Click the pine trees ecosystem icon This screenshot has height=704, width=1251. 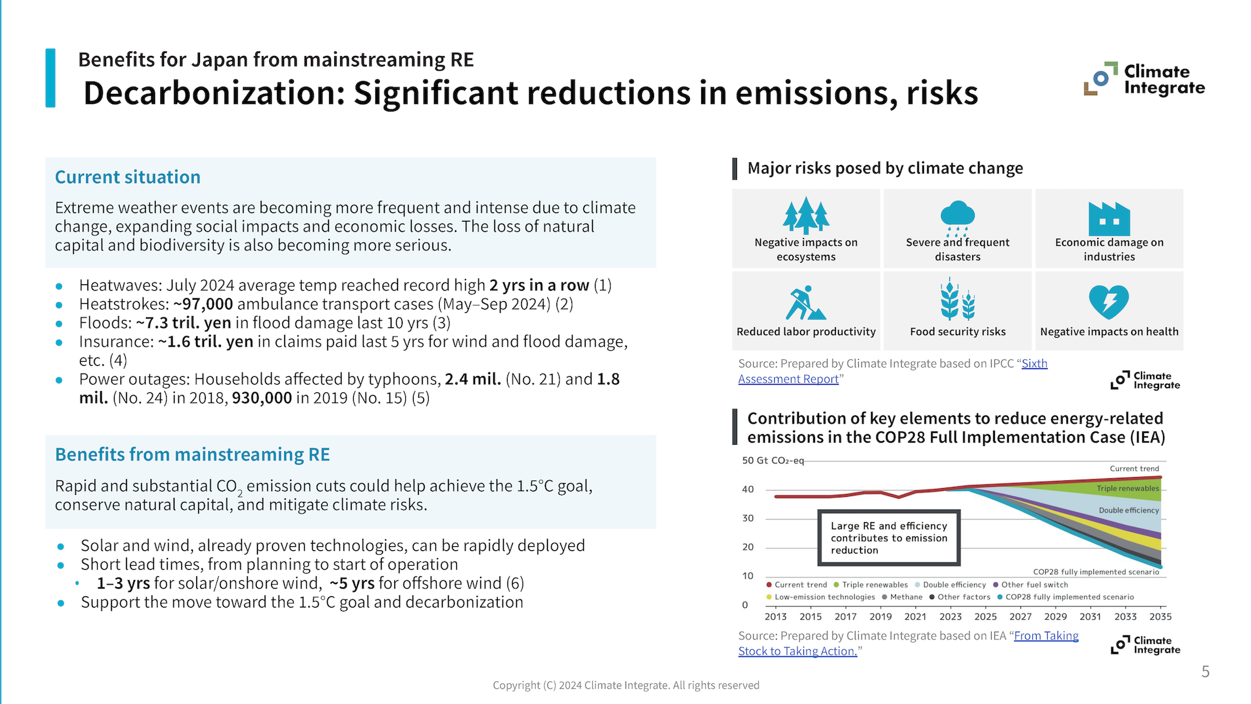pyautogui.click(x=806, y=215)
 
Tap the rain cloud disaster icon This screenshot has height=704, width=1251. pyautogui.click(x=957, y=217)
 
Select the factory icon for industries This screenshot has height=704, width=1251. pyautogui.click(x=1109, y=218)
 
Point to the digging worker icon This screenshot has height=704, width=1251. pyautogui.click(x=805, y=302)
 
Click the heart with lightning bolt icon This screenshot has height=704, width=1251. pyautogui.click(x=1108, y=302)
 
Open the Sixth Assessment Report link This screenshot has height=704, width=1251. pyautogui.click(x=1034, y=364)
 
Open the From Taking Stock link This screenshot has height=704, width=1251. pyautogui.click(x=1046, y=636)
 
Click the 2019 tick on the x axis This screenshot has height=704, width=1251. pyautogui.click(x=880, y=617)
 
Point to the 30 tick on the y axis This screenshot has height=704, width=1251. pyautogui.click(x=748, y=518)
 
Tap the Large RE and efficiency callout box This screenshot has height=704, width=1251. pyautogui.click(x=889, y=538)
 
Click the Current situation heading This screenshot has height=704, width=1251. pyautogui.click(x=128, y=177)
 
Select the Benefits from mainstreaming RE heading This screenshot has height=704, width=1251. pyautogui.click(x=192, y=454)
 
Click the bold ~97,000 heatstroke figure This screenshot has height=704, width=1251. pyautogui.click(x=203, y=304)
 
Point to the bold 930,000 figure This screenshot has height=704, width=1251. pyautogui.click(x=262, y=398)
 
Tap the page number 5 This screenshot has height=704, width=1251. pyautogui.click(x=1205, y=672)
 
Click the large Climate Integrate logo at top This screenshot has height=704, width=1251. pyautogui.click(x=1144, y=80)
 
